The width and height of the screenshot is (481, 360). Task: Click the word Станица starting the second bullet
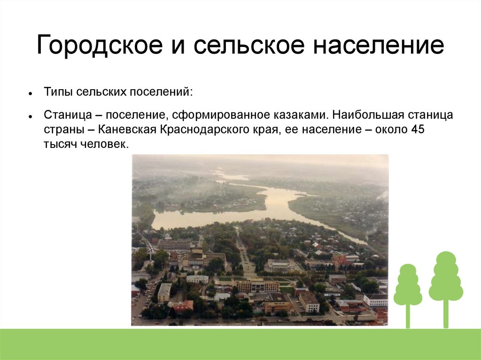(x=68, y=115)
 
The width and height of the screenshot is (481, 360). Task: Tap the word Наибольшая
(x=368, y=115)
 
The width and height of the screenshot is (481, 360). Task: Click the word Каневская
(x=128, y=130)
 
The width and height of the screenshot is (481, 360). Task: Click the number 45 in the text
(x=418, y=130)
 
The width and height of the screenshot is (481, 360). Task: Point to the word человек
(x=105, y=144)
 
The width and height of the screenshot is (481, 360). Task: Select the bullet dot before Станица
(x=30, y=116)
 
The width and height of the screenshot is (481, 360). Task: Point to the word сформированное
(x=220, y=115)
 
